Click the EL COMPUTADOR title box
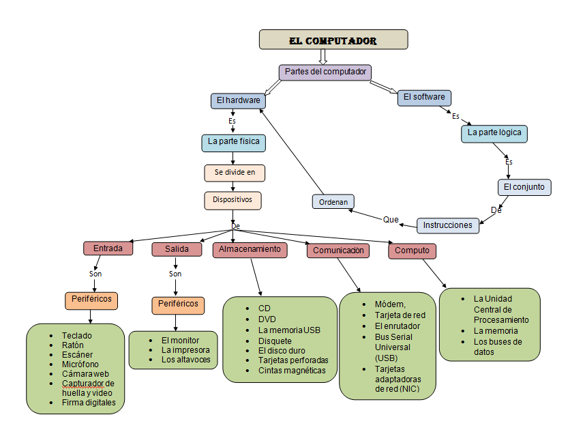coord(333,40)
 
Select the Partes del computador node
coord(325,72)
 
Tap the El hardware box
coord(238,100)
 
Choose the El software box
coord(424,97)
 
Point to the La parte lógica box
coord(494,132)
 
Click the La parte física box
coord(233,143)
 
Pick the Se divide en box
coord(235,173)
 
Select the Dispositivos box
coord(232,200)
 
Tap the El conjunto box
coord(524,186)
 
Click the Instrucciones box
coord(447,225)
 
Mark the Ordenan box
coord(333,202)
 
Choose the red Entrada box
coord(108,248)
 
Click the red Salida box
coord(177,249)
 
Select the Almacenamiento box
coord(250,249)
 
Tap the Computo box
coord(412,250)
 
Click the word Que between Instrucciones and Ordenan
coord(391,220)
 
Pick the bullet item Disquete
coord(275,341)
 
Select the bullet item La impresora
coord(185,349)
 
